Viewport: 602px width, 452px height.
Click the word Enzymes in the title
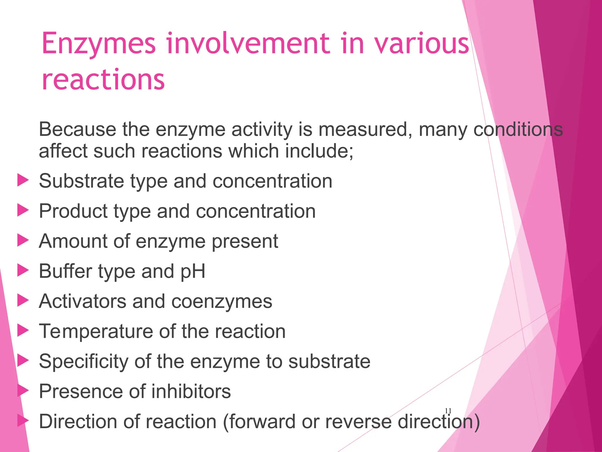98,44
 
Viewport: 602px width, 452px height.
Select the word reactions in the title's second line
103,79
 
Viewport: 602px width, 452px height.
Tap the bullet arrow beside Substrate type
23,180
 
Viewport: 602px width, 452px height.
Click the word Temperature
96,332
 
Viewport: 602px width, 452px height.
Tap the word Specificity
83,362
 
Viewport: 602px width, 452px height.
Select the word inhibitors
191,391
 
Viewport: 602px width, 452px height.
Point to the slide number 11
448,411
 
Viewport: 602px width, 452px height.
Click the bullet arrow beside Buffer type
23,270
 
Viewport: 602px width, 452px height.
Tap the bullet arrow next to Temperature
23,330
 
